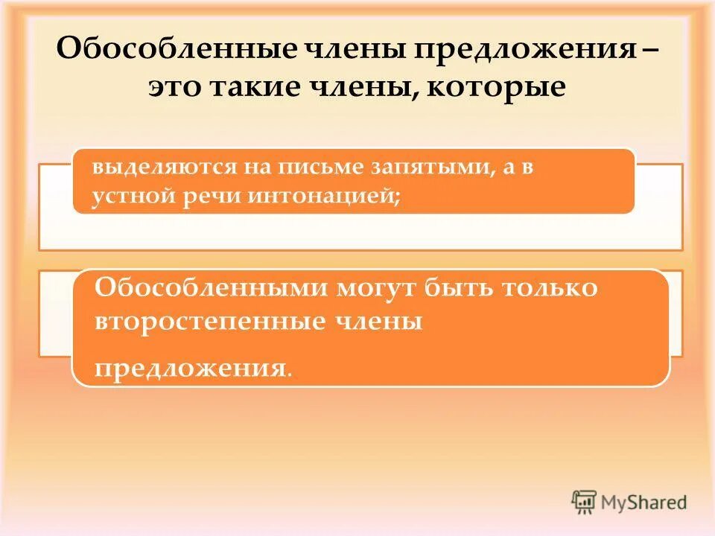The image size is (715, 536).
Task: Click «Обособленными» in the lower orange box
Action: pos(207,288)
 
